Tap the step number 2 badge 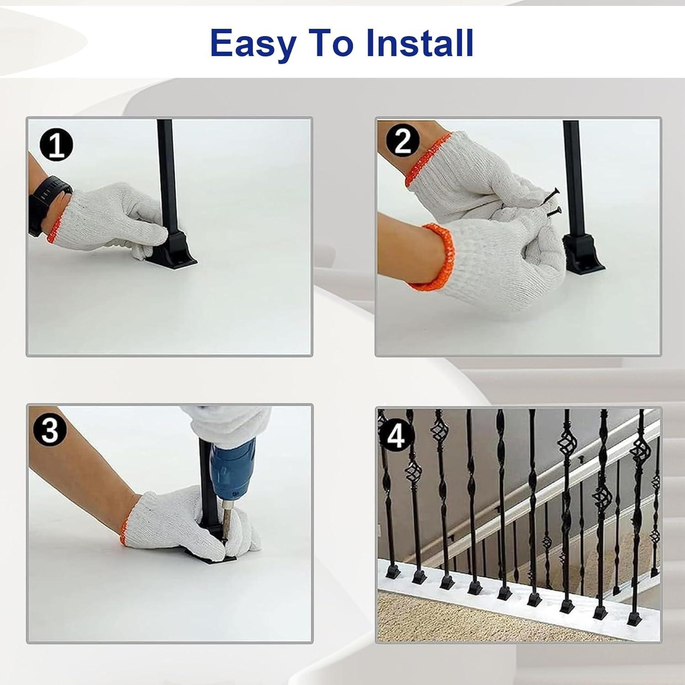[x=402, y=141]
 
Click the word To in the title [x=331, y=42]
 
